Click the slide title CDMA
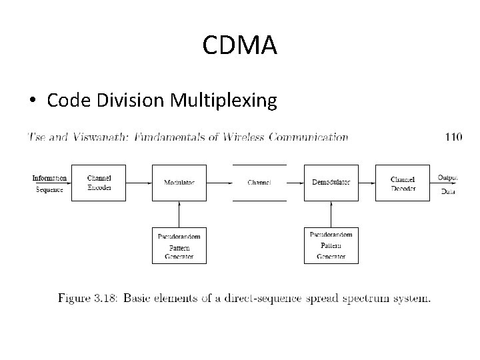pyautogui.click(x=239, y=46)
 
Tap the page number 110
pyautogui.click(x=453, y=137)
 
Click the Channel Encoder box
pyautogui.click(x=99, y=183)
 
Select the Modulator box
pyautogui.click(x=179, y=183)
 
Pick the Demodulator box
pyautogui.click(x=331, y=183)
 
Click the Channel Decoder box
pyautogui.click(x=402, y=183)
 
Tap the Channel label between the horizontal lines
pyautogui.click(x=259, y=183)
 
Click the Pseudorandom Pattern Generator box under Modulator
pyautogui.click(x=179, y=245)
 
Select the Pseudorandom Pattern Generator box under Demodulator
pyautogui.click(x=331, y=245)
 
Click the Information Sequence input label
pyautogui.click(x=49, y=183)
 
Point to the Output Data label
pyautogui.click(x=447, y=184)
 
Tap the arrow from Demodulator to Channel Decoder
pyautogui.click(x=366, y=183)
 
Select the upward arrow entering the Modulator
pyautogui.click(x=179, y=214)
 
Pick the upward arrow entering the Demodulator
pyautogui.click(x=331, y=214)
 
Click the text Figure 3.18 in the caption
pyautogui.click(x=85, y=297)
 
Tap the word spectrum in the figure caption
pyautogui.click(x=368, y=297)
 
